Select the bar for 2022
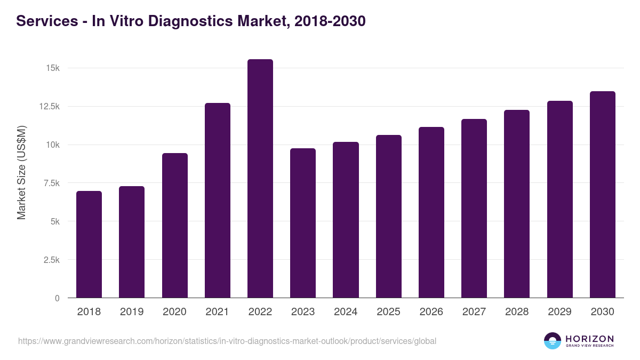click(260, 179)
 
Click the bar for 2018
click(89, 244)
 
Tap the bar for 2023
click(303, 223)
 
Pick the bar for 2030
click(603, 195)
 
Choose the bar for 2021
click(218, 201)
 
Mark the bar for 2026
click(431, 212)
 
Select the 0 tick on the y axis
click(57, 298)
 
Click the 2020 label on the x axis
click(174, 312)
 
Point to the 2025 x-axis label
click(388, 312)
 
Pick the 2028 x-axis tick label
click(517, 312)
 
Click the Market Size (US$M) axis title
click(21, 172)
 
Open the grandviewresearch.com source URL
click(227, 341)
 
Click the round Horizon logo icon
click(553, 341)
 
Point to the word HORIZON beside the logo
click(589, 339)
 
